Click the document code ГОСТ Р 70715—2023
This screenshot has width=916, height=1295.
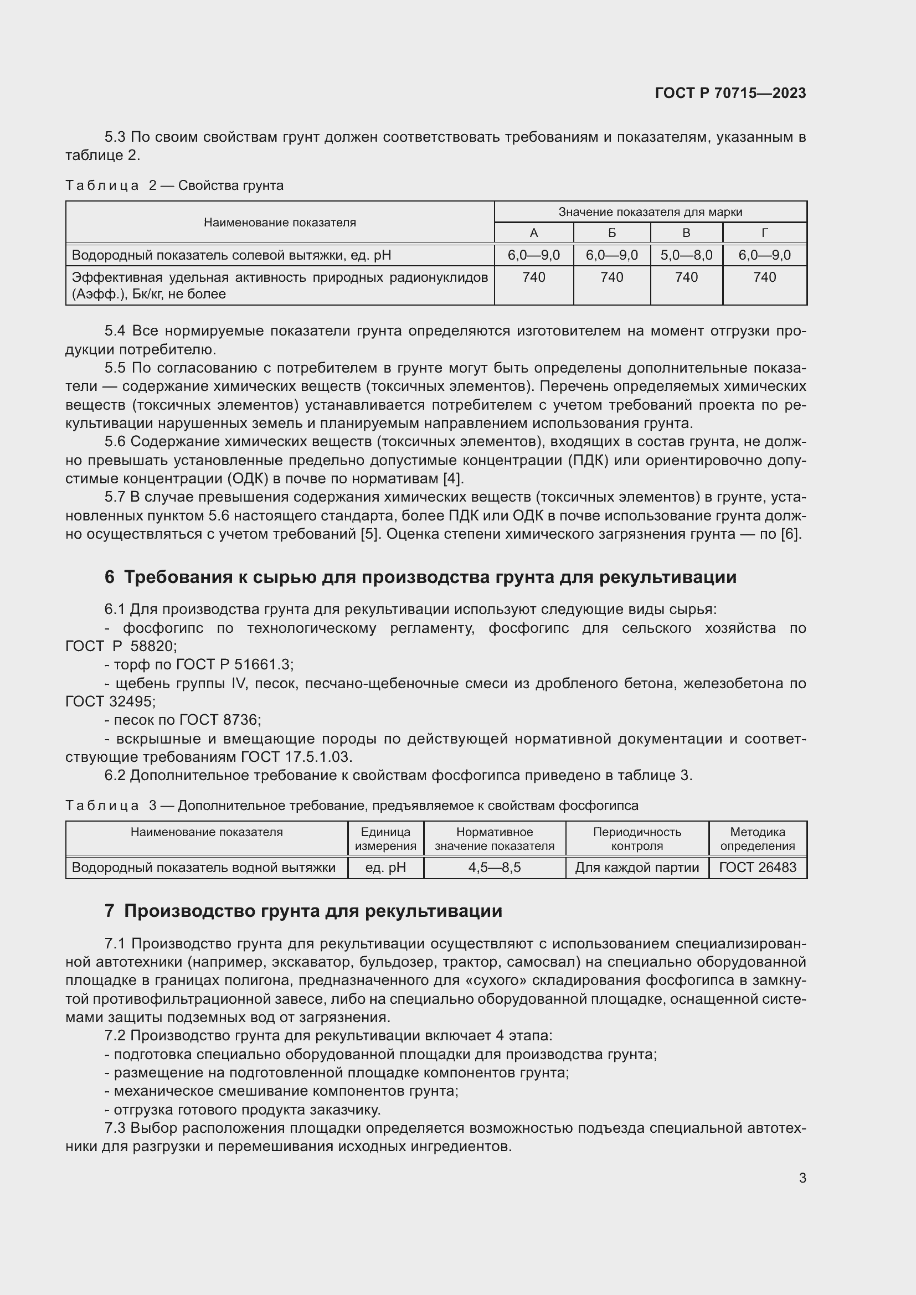(x=730, y=93)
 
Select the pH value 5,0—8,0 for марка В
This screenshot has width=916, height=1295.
(x=686, y=255)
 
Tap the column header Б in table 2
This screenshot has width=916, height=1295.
(x=611, y=233)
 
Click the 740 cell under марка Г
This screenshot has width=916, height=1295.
(x=764, y=277)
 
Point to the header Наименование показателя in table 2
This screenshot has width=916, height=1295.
(x=280, y=222)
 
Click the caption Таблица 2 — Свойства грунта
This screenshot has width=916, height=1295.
(x=174, y=185)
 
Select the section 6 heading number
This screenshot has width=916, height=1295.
(x=110, y=577)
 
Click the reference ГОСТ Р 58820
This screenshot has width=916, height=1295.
(x=121, y=646)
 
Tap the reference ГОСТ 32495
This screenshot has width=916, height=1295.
(x=110, y=701)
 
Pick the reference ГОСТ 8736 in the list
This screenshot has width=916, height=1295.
(x=219, y=720)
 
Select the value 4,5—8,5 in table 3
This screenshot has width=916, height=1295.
(x=494, y=867)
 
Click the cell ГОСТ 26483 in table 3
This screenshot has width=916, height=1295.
(x=757, y=867)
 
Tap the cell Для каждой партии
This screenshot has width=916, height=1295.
(x=637, y=867)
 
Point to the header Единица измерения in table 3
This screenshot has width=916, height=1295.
(x=385, y=839)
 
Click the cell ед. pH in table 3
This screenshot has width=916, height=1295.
(x=385, y=867)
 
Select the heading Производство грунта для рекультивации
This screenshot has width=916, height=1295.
(x=313, y=911)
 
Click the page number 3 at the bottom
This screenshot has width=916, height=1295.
(x=802, y=1178)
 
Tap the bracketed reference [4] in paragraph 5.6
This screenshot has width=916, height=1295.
(x=452, y=479)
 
